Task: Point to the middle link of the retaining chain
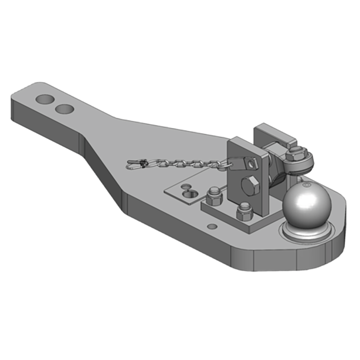180,161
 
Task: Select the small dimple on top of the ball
306,184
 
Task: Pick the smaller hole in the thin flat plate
183,186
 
